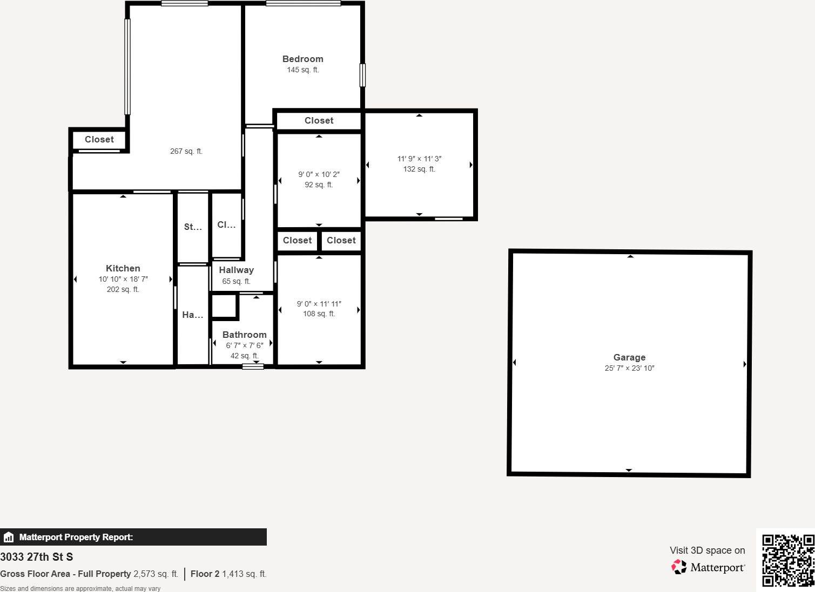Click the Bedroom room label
click(302, 59)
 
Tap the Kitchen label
click(123, 268)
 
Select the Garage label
click(629, 357)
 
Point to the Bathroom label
click(244, 335)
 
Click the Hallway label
click(236, 270)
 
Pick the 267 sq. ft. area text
click(186, 151)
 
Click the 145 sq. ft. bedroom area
click(302, 70)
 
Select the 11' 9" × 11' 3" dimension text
click(419, 159)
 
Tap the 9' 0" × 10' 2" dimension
click(319, 174)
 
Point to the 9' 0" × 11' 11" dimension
click(319, 304)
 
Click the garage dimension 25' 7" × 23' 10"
click(629, 368)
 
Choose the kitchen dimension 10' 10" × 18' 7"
click(123, 279)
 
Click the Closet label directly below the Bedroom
click(319, 120)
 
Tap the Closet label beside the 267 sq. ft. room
click(99, 139)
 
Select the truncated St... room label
click(193, 227)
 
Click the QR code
click(787, 560)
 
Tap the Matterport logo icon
click(679, 567)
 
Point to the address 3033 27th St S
click(36, 557)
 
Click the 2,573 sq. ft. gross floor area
click(156, 574)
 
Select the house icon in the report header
click(9, 537)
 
